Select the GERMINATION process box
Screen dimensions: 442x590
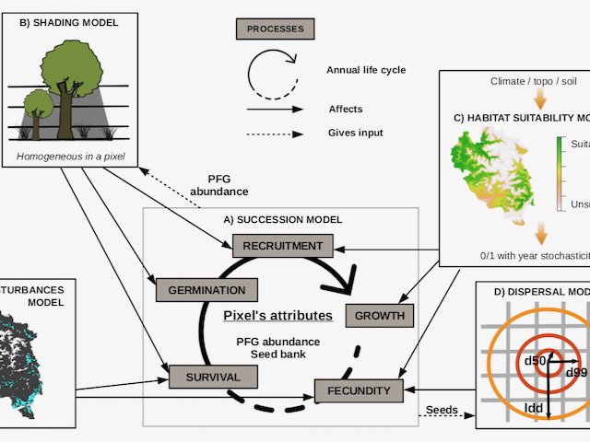point(199,290)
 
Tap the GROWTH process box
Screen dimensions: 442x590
point(375,316)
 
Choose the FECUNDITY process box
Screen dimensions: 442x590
point(359,391)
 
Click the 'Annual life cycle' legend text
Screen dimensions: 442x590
point(366,69)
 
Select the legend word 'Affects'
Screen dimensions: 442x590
point(346,109)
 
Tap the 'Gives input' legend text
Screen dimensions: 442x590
point(356,133)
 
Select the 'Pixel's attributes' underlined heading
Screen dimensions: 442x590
point(277,316)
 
